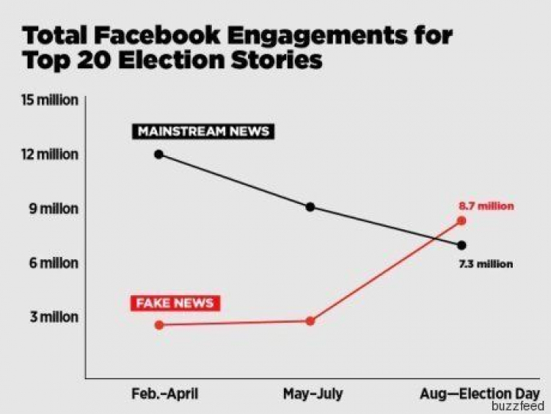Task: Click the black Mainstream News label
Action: (x=203, y=131)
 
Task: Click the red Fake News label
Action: (x=174, y=303)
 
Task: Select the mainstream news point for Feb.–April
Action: (x=158, y=154)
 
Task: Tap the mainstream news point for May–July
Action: (x=310, y=207)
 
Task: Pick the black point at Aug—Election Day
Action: (x=461, y=245)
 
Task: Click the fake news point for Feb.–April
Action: (x=158, y=325)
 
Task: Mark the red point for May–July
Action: (x=310, y=320)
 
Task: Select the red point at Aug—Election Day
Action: (x=461, y=221)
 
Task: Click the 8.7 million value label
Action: (x=486, y=205)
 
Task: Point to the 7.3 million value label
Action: (x=486, y=264)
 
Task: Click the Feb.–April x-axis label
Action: (x=165, y=394)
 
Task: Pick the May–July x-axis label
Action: (x=312, y=394)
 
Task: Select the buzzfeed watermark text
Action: (x=517, y=406)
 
